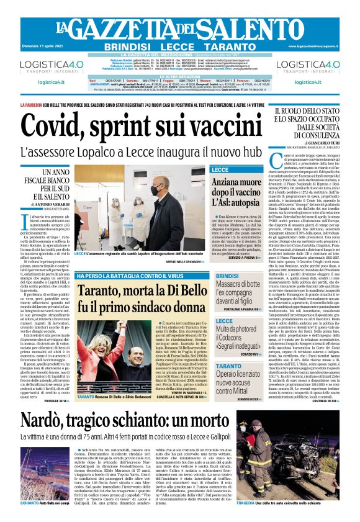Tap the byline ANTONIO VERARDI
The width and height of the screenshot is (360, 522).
(x=55, y=207)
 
